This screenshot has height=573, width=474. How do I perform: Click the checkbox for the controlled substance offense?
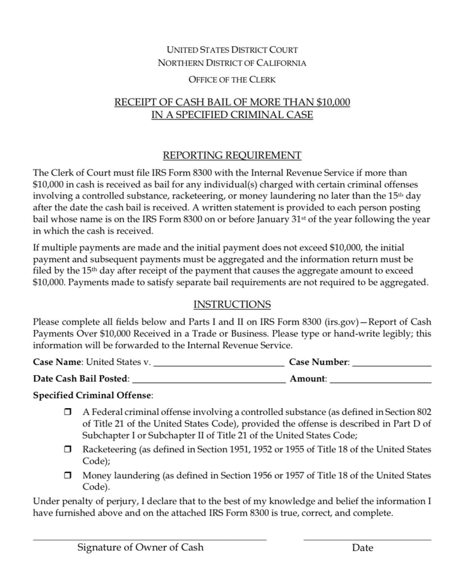point(68,412)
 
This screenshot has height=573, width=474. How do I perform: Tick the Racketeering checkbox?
point(68,450)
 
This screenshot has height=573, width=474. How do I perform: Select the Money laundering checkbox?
point(68,476)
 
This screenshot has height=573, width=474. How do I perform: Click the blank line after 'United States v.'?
point(219,364)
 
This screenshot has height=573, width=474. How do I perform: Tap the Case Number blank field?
point(391,364)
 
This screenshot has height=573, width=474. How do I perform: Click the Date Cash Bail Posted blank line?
point(209,380)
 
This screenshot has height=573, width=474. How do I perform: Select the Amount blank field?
point(380,380)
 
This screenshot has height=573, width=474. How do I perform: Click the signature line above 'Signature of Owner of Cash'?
point(150,538)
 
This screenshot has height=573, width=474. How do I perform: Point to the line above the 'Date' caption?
point(367,538)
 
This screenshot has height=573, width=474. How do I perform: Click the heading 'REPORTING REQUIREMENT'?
point(232,155)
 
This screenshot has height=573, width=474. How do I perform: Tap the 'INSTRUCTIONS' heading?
point(232,305)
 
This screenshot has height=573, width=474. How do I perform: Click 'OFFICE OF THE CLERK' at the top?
point(232,80)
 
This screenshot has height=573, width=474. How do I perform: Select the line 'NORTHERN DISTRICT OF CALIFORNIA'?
point(232,63)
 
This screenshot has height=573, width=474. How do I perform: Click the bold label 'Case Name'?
point(58,363)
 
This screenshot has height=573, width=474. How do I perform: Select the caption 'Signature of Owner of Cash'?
point(140,548)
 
